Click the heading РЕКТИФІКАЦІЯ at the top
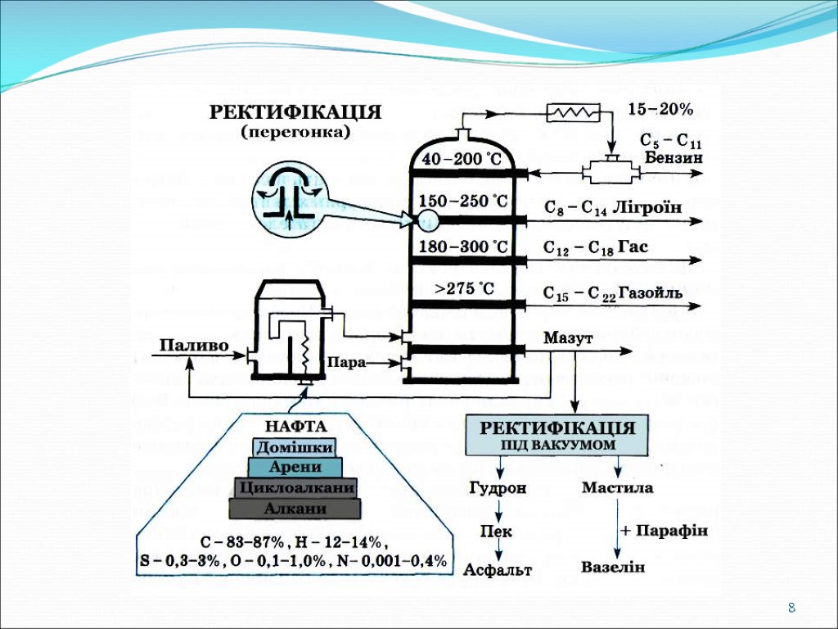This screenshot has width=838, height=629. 295,112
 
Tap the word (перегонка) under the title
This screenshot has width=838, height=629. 295,131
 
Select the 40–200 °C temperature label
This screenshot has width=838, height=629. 462,160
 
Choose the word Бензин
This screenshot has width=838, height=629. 674,157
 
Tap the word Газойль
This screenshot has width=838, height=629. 651,293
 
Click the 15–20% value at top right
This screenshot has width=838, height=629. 660,109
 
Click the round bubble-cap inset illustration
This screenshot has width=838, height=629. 288,197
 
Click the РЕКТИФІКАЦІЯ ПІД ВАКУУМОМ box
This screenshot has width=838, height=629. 556,435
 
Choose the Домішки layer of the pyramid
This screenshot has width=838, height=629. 295,447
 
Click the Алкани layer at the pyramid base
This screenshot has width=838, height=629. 295,509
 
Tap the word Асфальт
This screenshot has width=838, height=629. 498,569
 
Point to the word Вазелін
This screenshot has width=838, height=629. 613,567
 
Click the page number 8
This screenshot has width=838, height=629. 791,609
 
